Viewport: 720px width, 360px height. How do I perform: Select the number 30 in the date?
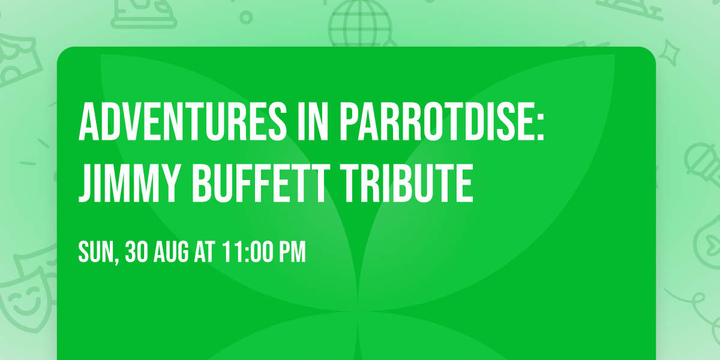tap(136, 253)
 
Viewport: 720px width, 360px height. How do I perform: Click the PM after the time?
tap(291, 253)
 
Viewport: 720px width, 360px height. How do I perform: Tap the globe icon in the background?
tap(360, 24)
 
